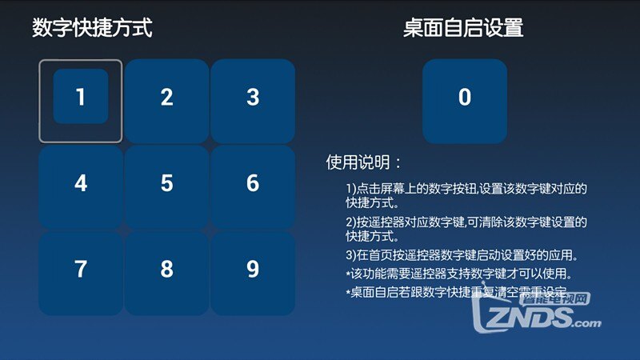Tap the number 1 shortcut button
(81, 97)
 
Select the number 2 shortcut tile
(166, 98)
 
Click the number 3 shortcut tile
(253, 98)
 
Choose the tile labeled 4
(81, 183)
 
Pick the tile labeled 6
(253, 183)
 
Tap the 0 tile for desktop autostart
(465, 98)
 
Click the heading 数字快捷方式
(92, 29)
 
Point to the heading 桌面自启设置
(463, 29)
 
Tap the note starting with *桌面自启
(456, 293)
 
